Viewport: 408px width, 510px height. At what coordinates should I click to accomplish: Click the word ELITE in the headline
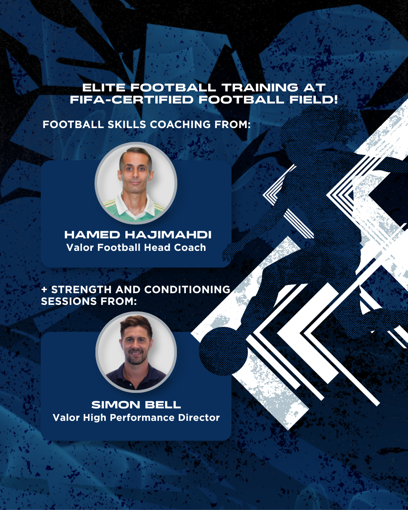pos(104,88)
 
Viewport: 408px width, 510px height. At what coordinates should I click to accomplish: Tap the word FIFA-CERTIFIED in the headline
pos(131,99)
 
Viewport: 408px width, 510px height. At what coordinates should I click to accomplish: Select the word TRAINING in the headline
pos(260,88)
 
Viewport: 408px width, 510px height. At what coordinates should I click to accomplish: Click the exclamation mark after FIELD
pos(335,99)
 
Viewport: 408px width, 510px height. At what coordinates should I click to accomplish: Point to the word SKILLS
pos(127,124)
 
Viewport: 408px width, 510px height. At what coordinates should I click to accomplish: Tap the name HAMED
pos(92,235)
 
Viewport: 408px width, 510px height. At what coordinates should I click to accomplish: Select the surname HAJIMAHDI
pos(168,235)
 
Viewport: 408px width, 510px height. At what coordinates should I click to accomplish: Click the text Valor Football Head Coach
pos(136,247)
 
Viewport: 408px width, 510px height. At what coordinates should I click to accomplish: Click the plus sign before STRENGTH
pos(44,289)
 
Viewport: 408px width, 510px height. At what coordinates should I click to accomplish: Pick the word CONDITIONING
pos(187,289)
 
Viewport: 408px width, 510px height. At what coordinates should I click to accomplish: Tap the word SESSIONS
pos(69,301)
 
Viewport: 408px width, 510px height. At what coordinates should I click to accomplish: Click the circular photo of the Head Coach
pos(136,183)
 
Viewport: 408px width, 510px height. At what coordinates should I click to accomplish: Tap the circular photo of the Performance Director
pos(136,352)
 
